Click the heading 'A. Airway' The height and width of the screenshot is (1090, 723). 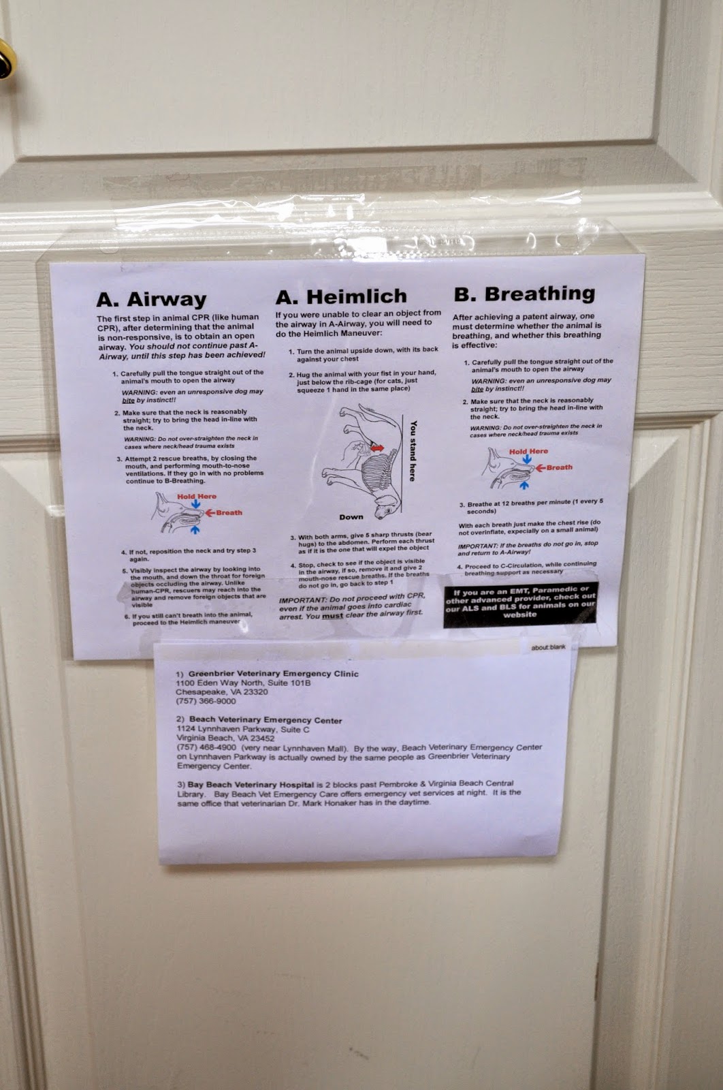click(151, 299)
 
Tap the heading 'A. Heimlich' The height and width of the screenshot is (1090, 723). click(341, 296)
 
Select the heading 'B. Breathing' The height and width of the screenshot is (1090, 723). click(524, 294)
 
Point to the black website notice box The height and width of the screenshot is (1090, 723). click(520, 604)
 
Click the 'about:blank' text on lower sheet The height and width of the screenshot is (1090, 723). click(548, 647)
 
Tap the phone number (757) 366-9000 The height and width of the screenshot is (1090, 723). click(206, 701)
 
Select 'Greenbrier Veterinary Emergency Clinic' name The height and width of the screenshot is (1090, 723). click(273, 674)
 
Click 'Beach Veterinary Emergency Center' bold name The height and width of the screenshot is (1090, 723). click(266, 720)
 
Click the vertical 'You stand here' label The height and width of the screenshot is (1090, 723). click(412, 450)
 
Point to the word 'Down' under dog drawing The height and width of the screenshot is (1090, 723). click(351, 517)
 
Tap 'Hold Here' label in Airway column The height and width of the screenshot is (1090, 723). click(197, 497)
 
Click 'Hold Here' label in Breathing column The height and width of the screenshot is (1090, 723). click(528, 452)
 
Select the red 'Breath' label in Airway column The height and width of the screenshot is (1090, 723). click(229, 512)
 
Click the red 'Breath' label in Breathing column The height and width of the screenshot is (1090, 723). click(559, 467)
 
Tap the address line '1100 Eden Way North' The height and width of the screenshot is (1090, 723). click(243, 683)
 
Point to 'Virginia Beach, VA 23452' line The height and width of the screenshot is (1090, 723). click(225, 738)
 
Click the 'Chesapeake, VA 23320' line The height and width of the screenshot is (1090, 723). click(222, 691)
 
